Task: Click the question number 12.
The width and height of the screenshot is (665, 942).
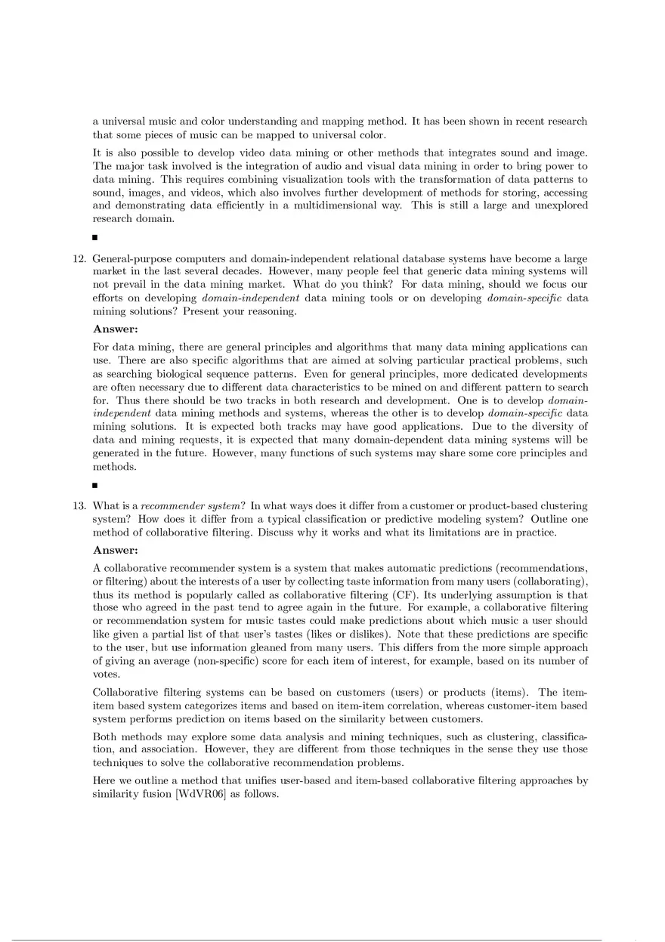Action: [x=79, y=258]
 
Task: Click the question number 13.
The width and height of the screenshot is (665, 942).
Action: [x=79, y=505]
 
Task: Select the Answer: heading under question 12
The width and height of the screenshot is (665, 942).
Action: [x=116, y=329]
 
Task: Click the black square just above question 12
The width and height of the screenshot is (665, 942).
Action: [x=95, y=238]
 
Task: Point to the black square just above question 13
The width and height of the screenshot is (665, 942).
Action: [x=95, y=485]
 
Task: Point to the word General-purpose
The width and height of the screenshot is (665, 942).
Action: [x=131, y=258]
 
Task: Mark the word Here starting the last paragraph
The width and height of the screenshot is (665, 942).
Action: [x=105, y=780]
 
